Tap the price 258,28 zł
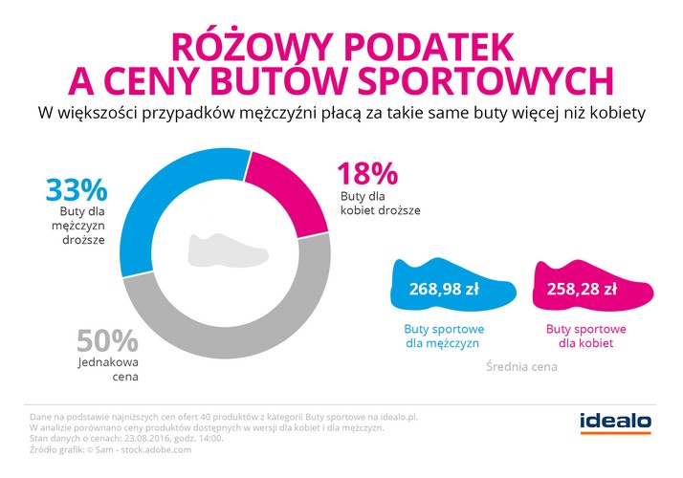584,288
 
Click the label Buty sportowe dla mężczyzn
444,335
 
